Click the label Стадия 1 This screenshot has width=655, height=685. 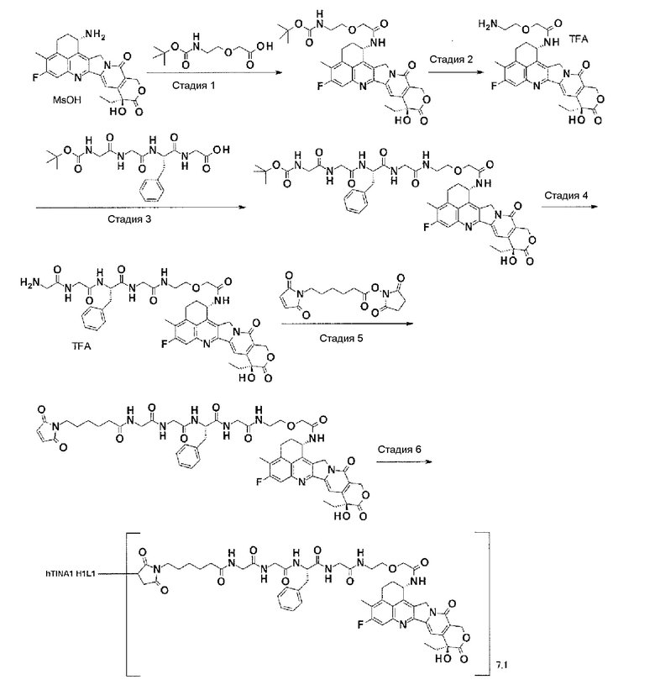pyautogui.click(x=193, y=85)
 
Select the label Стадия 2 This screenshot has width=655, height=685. pyautogui.click(x=451, y=59)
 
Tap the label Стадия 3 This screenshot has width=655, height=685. pyautogui.click(x=129, y=219)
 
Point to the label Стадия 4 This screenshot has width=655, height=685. pyautogui.click(x=565, y=195)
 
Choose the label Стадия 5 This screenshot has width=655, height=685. pyautogui.click(x=341, y=338)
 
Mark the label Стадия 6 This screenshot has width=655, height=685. pyautogui.click(x=399, y=450)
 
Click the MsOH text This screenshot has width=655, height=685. pyautogui.click(x=67, y=100)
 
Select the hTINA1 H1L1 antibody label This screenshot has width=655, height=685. pyautogui.click(x=70, y=573)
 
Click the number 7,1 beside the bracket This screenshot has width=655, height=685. pyautogui.click(x=501, y=666)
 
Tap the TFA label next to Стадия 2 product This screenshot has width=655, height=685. pyautogui.click(x=579, y=40)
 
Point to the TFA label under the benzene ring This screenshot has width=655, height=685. pyautogui.click(x=81, y=346)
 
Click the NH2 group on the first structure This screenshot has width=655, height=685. pyautogui.click(x=94, y=34)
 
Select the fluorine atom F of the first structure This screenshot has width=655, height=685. pyautogui.click(x=35, y=78)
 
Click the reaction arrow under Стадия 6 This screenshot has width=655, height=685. pyautogui.click(x=405, y=461)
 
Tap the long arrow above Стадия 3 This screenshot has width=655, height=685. pyautogui.click(x=140, y=207)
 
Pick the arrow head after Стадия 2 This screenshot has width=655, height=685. pyautogui.click(x=480, y=71)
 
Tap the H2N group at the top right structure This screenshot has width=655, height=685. pyautogui.click(x=488, y=24)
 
